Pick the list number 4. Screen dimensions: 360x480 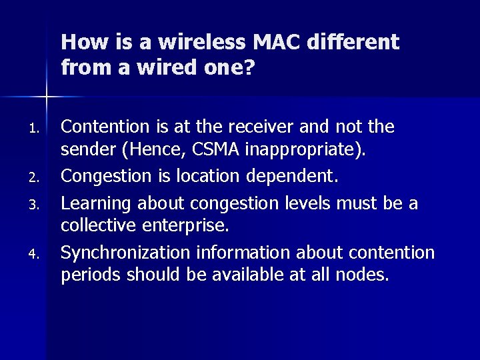(38, 254)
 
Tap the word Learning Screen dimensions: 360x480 (91, 202)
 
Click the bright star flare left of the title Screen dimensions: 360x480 (47, 97)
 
